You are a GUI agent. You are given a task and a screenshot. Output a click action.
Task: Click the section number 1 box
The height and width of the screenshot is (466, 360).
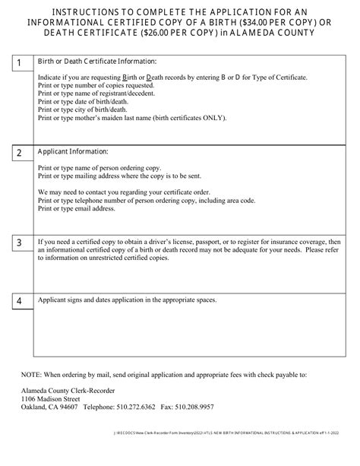[x=19, y=62]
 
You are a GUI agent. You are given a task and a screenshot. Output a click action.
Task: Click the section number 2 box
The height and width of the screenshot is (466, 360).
[x=19, y=152]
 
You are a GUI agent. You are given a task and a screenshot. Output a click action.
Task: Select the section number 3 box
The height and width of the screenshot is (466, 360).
[x=19, y=243]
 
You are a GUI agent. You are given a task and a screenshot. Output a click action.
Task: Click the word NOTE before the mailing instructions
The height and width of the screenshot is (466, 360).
[x=33, y=396]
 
